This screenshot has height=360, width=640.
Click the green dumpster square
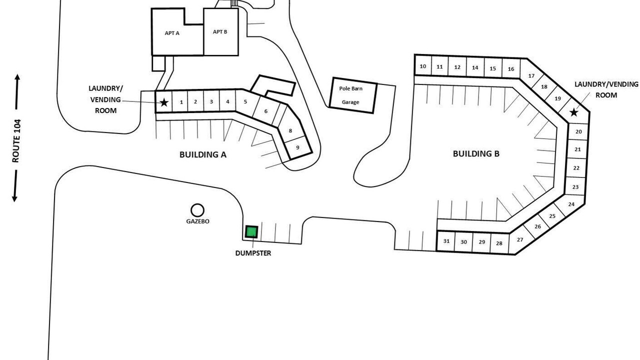251,231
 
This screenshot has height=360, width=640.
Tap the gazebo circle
197,204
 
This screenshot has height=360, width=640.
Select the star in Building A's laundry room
163,102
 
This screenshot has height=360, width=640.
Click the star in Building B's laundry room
573,112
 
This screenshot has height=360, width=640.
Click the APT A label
172,33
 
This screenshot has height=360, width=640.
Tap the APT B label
220,31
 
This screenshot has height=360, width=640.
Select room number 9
297,147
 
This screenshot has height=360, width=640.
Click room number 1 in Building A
181,102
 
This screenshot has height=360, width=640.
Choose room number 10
423,66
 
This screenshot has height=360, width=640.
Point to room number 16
511,69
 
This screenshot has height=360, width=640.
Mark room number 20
578,131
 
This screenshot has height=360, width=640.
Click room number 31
446,241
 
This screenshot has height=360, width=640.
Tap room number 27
520,239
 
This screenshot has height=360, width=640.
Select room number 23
575,187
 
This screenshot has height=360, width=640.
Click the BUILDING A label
203,154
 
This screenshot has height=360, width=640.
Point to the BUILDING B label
476,153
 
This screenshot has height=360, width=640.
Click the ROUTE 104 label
16,141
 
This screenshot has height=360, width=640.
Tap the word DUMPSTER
253,253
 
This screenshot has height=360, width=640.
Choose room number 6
265,111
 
